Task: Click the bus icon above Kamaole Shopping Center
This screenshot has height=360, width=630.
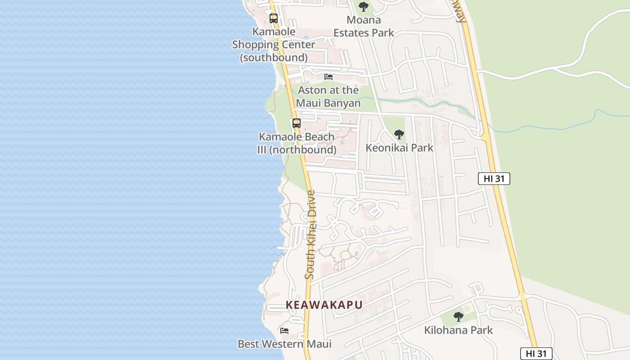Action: click(274, 18)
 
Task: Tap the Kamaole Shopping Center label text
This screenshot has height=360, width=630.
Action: click(274, 38)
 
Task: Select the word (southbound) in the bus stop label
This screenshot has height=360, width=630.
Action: click(274, 58)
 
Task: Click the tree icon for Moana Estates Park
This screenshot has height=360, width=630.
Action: click(364, 7)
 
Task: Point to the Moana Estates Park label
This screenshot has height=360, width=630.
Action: click(364, 26)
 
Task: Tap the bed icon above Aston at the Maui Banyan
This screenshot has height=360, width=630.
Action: click(328, 77)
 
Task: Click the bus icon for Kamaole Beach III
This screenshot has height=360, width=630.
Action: click(297, 123)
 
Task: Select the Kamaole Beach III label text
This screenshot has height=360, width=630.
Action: click(297, 137)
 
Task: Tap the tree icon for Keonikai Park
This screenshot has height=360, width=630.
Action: click(399, 134)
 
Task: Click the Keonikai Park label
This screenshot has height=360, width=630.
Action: click(399, 148)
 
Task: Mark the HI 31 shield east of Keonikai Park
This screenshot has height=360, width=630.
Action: click(494, 179)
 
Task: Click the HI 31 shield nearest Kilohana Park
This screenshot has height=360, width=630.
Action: click(536, 354)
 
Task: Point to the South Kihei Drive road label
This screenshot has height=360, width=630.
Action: click(310, 234)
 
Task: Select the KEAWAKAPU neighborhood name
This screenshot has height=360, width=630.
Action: click(324, 305)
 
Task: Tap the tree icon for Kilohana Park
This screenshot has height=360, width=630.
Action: click(459, 317)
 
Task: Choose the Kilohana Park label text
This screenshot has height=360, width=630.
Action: click(459, 330)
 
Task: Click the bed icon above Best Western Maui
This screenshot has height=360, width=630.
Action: click(284, 331)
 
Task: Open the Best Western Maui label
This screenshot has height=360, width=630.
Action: click(284, 344)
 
